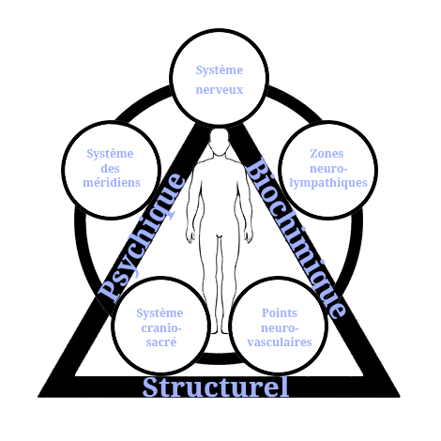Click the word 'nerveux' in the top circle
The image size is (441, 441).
click(220, 90)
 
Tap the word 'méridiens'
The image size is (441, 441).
click(112, 182)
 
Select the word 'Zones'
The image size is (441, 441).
click(327, 153)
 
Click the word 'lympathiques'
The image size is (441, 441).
click(328, 183)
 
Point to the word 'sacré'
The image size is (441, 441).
click(161, 342)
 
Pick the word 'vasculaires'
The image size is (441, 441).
click(280, 342)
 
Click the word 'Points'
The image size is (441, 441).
click(280, 312)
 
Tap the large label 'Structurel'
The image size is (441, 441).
click(216, 387)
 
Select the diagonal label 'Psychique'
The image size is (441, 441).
click(142, 237)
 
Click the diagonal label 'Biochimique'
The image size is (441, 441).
click(296, 238)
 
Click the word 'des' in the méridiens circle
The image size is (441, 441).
click(110, 168)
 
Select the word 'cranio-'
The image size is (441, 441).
click(161, 328)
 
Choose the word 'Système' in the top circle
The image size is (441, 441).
click(220, 70)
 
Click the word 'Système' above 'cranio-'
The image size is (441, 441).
click(160, 313)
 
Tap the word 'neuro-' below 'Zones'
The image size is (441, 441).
click(328, 169)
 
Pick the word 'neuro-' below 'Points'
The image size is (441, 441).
click(280, 328)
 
